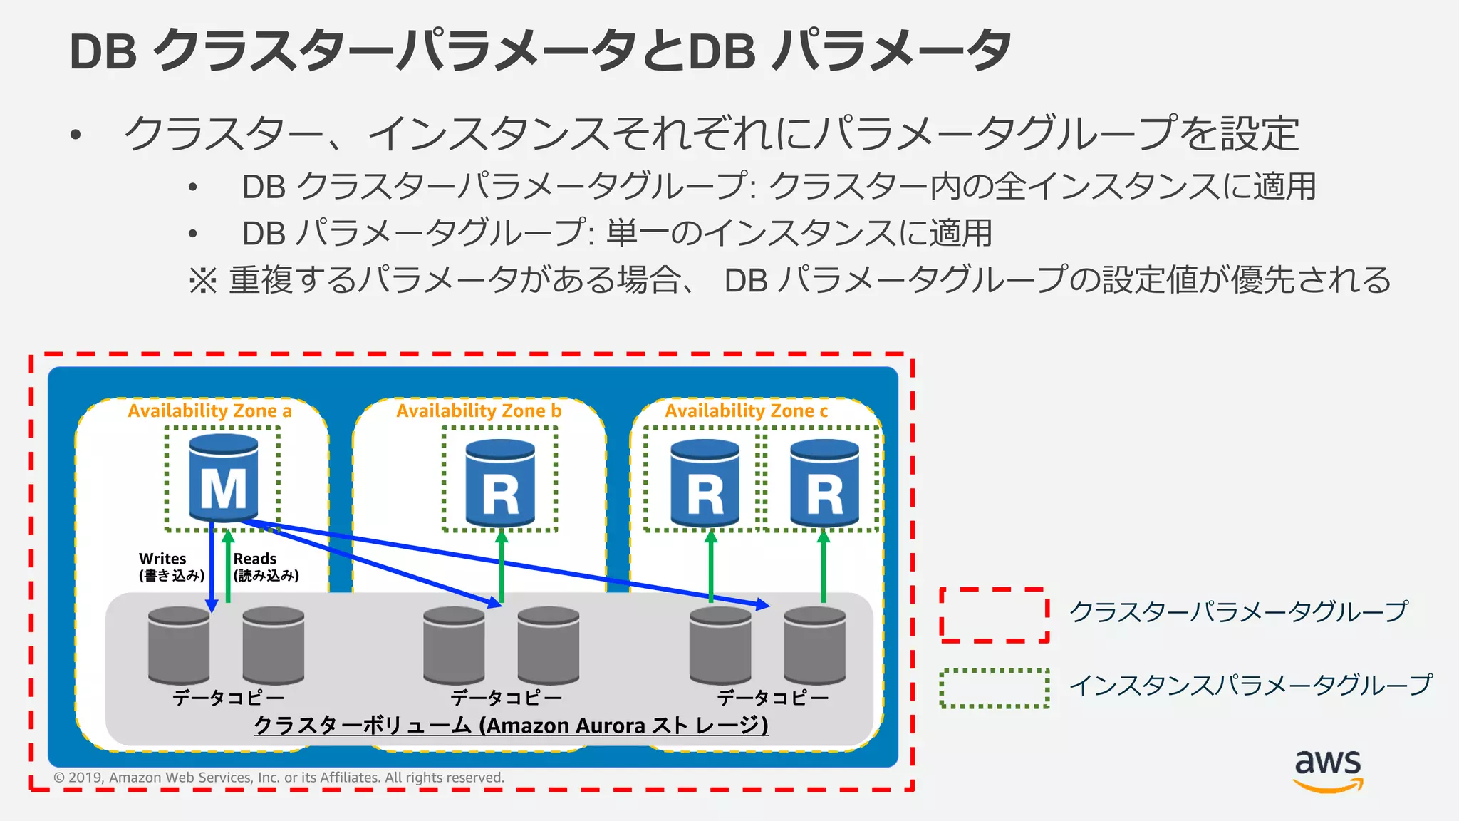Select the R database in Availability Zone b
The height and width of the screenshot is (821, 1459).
499,482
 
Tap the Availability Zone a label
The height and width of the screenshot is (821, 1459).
209,411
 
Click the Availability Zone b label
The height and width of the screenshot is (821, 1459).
479,411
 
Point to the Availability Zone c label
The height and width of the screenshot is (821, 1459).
746,411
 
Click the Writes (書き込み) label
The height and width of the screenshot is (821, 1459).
171,567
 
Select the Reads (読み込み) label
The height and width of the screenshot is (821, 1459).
266,567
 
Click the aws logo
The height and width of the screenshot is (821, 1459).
1328,770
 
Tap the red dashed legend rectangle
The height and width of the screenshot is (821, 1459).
995,615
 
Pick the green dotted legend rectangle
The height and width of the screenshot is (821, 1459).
995,688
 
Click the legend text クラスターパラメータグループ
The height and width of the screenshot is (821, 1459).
1238,612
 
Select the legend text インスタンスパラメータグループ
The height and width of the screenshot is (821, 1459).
1250,686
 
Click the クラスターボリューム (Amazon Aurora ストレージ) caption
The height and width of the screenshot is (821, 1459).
511,726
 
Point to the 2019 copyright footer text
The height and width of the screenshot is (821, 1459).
279,778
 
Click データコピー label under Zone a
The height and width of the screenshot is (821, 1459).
228,698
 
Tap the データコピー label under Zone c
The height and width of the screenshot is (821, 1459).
772,698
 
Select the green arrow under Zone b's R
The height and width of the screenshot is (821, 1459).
502,567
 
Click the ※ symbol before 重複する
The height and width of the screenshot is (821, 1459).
202,281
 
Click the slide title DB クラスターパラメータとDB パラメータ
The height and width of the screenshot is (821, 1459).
540,51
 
